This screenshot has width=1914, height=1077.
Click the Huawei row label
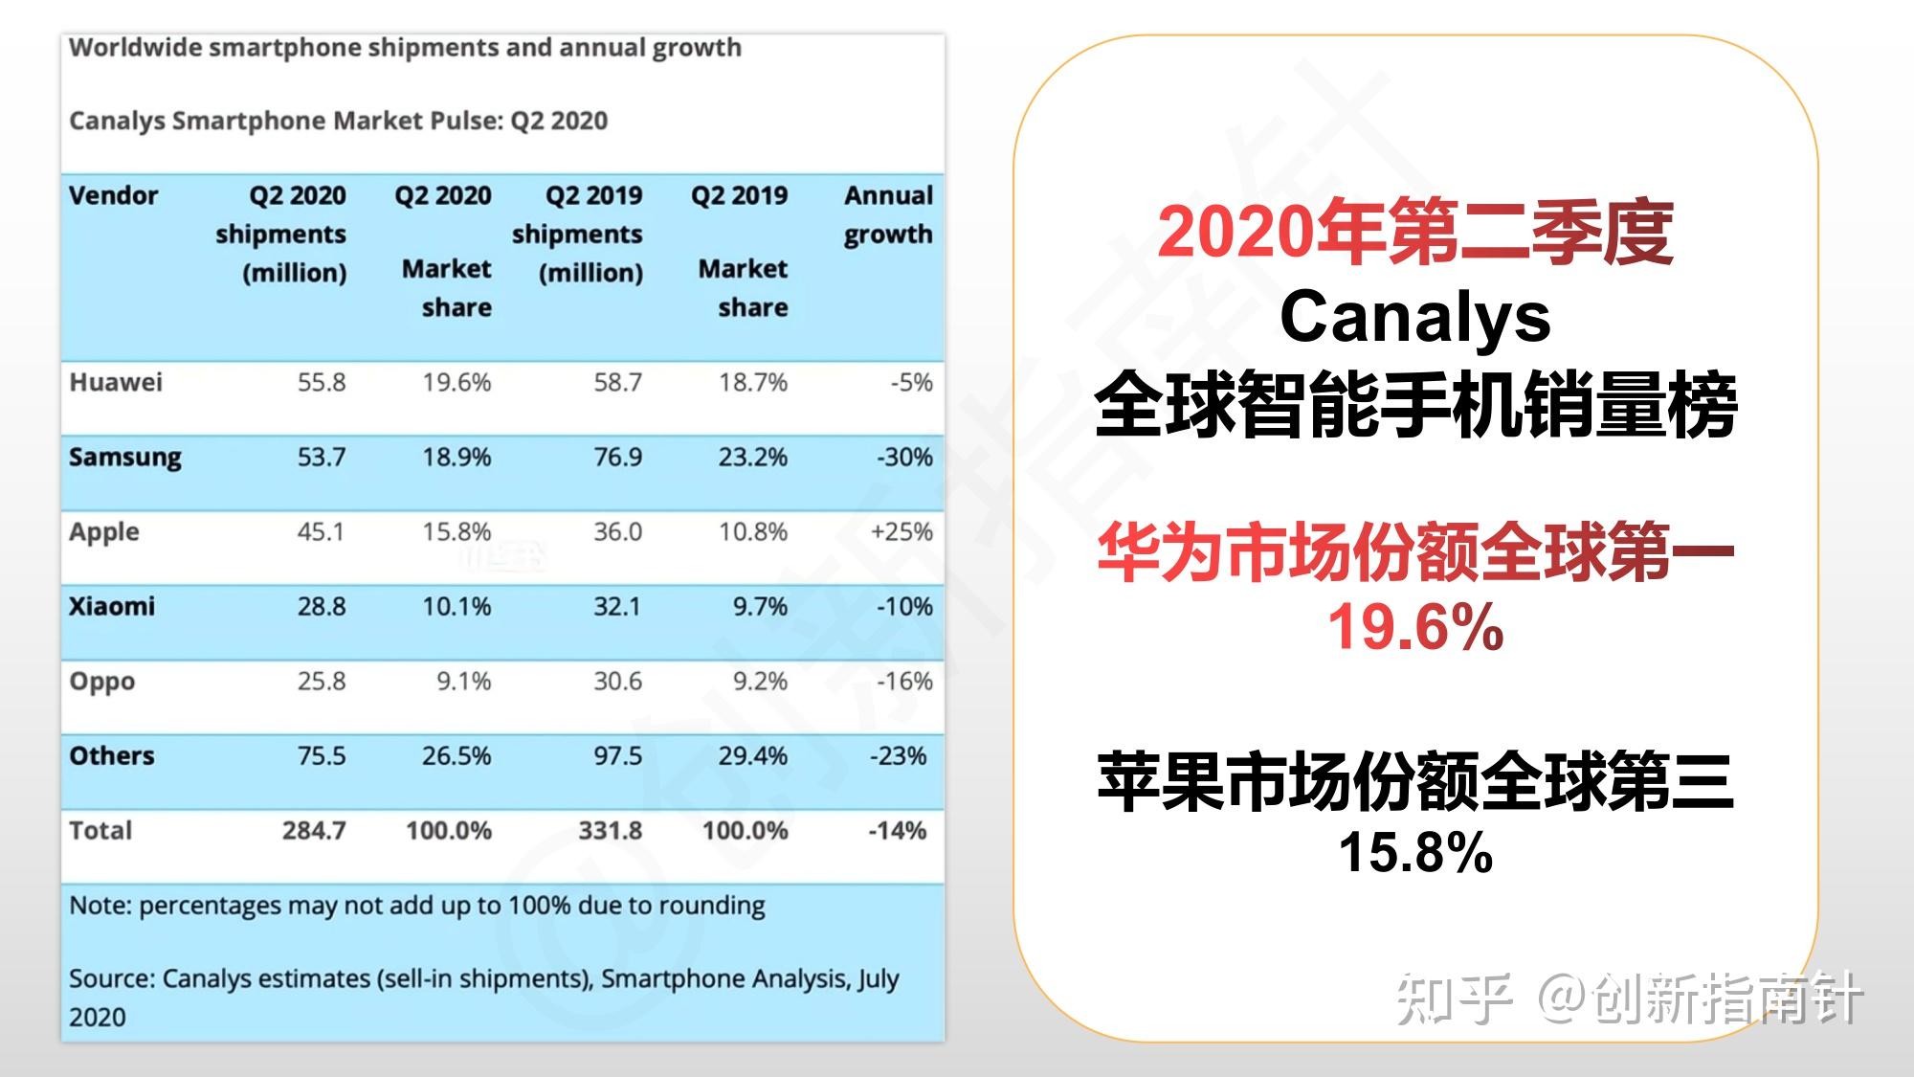coord(115,382)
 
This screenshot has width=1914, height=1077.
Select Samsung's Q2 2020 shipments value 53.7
coord(321,457)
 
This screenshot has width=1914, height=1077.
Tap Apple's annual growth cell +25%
coord(901,531)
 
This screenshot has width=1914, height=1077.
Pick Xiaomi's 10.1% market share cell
coord(456,606)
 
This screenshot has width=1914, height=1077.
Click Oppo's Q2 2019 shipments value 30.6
coord(617,681)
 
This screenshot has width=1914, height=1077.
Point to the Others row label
coord(111,755)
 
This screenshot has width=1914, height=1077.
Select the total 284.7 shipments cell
coord(313,830)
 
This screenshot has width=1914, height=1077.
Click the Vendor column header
coord(113,195)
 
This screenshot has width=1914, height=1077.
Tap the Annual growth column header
coord(887,214)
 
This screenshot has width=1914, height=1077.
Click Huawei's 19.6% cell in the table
coord(456,382)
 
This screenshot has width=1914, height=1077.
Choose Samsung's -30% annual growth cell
coord(903,457)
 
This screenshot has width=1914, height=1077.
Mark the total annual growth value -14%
coord(897,830)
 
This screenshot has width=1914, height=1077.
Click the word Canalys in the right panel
coord(1414,317)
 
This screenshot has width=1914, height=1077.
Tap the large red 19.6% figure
coord(1414,627)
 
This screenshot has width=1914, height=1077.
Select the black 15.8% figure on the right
coord(1414,851)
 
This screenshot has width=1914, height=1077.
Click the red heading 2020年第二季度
coord(1414,233)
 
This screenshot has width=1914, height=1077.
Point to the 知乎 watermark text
coord(1453,999)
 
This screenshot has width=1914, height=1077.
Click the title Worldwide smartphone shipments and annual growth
coord(405,47)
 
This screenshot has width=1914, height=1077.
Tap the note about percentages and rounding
coord(416,905)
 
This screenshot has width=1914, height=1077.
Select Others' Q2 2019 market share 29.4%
coord(752,755)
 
